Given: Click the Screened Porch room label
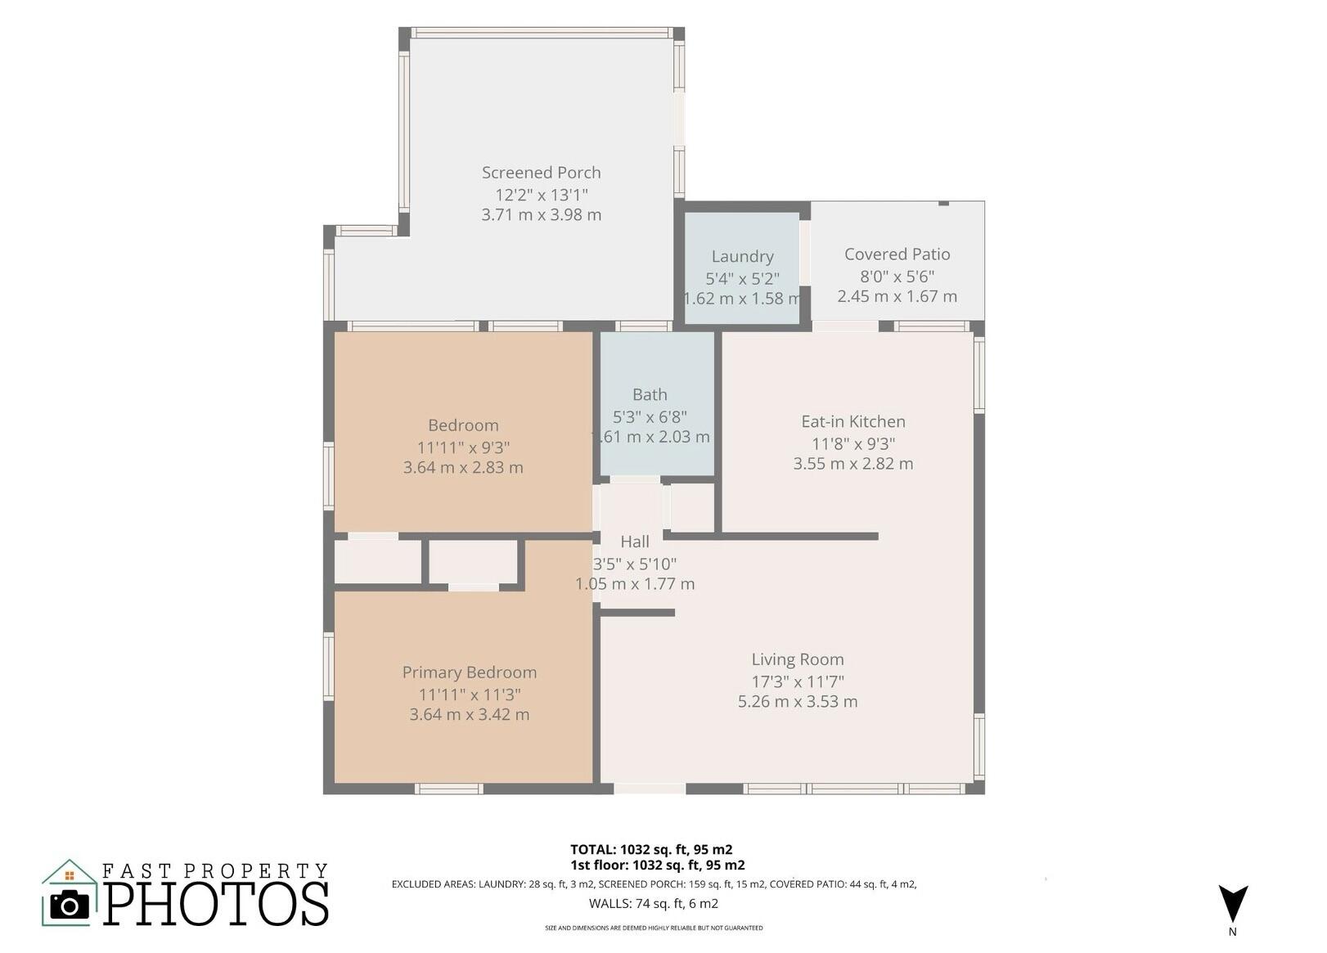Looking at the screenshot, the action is click(x=541, y=173).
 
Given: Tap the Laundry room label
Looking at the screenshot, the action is click(x=742, y=257).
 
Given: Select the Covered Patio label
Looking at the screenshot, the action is click(x=897, y=254).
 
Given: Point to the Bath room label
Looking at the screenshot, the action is click(x=650, y=394).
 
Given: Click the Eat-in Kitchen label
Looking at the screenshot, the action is click(x=853, y=422).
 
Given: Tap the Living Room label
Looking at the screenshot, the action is click(x=798, y=659).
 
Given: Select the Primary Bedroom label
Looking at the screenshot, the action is click(x=469, y=672).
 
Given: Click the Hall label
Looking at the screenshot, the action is click(x=635, y=542).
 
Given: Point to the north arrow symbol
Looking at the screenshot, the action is click(x=1233, y=904).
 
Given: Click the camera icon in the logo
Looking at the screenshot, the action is click(x=70, y=905).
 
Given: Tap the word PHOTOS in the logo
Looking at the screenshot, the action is click(x=216, y=904).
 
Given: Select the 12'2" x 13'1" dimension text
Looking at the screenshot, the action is click(x=541, y=194).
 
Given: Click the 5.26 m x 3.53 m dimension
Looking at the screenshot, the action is click(x=798, y=702).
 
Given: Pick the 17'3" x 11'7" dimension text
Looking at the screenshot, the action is click(x=798, y=681).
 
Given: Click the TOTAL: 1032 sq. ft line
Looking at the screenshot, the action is click(x=651, y=850).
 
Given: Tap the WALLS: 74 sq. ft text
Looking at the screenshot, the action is click(x=654, y=904).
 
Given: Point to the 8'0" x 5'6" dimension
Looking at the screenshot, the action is click(x=897, y=276).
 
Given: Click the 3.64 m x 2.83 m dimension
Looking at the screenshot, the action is click(x=463, y=468).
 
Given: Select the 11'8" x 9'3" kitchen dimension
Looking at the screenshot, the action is click(x=853, y=443).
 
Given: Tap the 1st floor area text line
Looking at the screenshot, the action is click(x=658, y=865).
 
